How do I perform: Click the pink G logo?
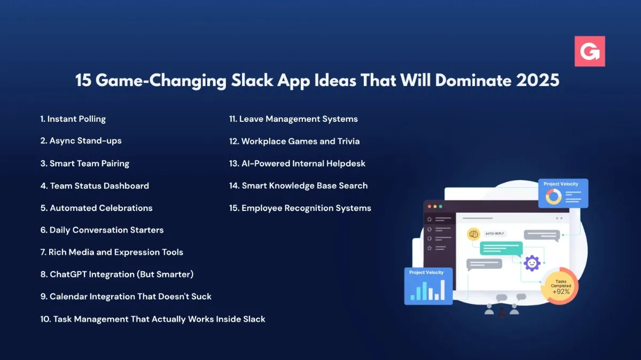590,51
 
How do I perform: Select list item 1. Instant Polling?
73,119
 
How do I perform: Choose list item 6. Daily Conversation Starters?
101,230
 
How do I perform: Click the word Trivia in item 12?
348,142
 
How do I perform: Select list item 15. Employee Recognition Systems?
300,208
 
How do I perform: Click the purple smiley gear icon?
531,263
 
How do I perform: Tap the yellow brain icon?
473,234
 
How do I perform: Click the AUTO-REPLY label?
494,234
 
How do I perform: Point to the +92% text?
561,292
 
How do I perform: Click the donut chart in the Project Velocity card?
553,197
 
